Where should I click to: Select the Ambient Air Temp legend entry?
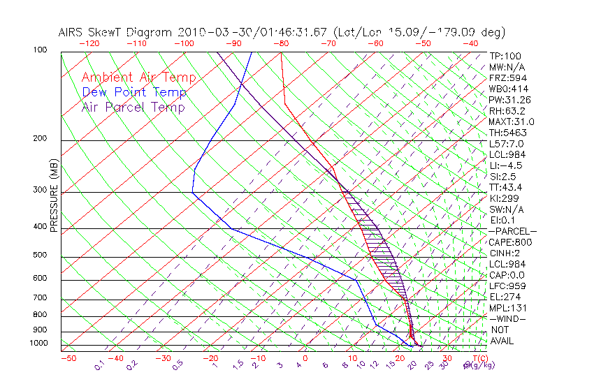[138, 78]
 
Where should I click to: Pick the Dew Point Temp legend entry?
[134, 92]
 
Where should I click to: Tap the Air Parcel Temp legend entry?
[133, 107]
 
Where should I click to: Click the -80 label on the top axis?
[280, 43]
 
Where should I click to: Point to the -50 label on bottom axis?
[68, 358]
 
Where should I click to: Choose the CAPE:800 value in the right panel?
[511, 242]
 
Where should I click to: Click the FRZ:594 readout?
[508, 78]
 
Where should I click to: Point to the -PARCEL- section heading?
[512, 231]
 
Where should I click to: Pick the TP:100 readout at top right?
[505, 56]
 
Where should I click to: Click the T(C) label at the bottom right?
[475, 358]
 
